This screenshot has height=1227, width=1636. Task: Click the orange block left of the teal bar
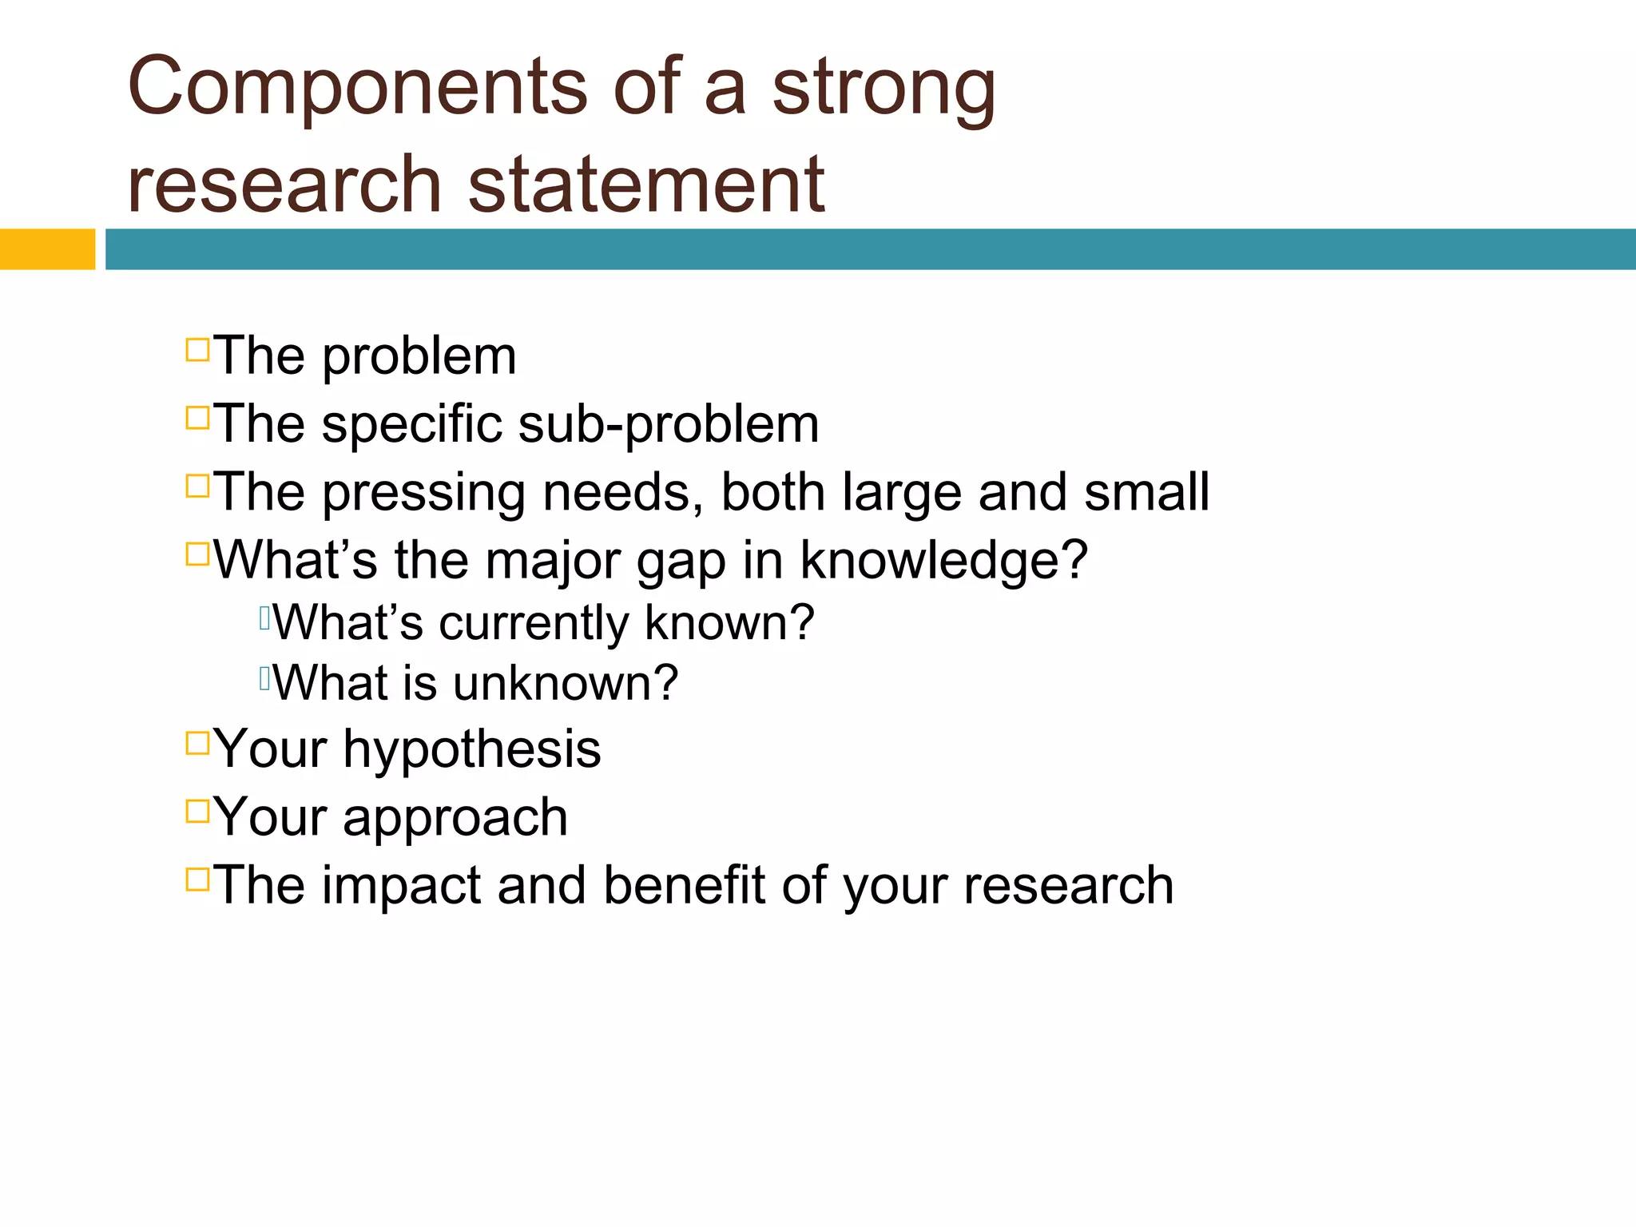tap(47, 249)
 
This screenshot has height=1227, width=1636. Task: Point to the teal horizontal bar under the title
tap(869, 249)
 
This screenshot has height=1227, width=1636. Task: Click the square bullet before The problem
tap(197, 350)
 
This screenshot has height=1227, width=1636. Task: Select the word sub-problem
tap(668, 423)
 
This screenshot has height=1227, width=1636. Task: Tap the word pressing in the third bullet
tap(423, 492)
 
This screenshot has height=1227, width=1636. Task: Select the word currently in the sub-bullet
tap(534, 622)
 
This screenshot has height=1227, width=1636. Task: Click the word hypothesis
tap(471, 750)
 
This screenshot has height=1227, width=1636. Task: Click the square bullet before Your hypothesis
tap(197, 743)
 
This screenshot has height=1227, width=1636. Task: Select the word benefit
tap(684, 885)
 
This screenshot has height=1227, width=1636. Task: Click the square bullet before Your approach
tap(197, 811)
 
